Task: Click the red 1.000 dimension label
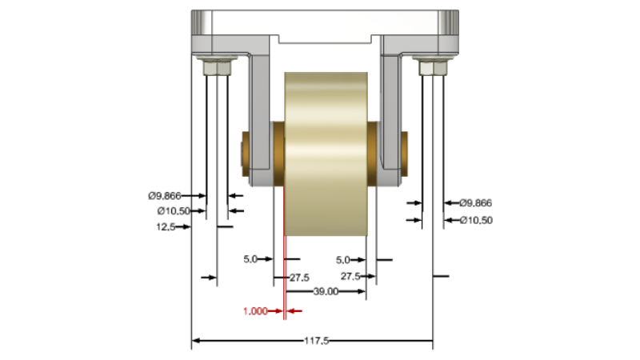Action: click(255, 311)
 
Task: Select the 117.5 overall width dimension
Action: click(316, 341)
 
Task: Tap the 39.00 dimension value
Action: click(326, 291)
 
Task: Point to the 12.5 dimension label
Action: click(166, 227)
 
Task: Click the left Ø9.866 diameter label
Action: click(165, 196)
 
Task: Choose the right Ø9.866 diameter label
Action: click(475, 203)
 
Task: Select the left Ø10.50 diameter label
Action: click(174, 211)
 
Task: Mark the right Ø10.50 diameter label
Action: click(476, 221)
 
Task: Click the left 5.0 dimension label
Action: click(250, 259)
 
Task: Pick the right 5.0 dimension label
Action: click(343, 260)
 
